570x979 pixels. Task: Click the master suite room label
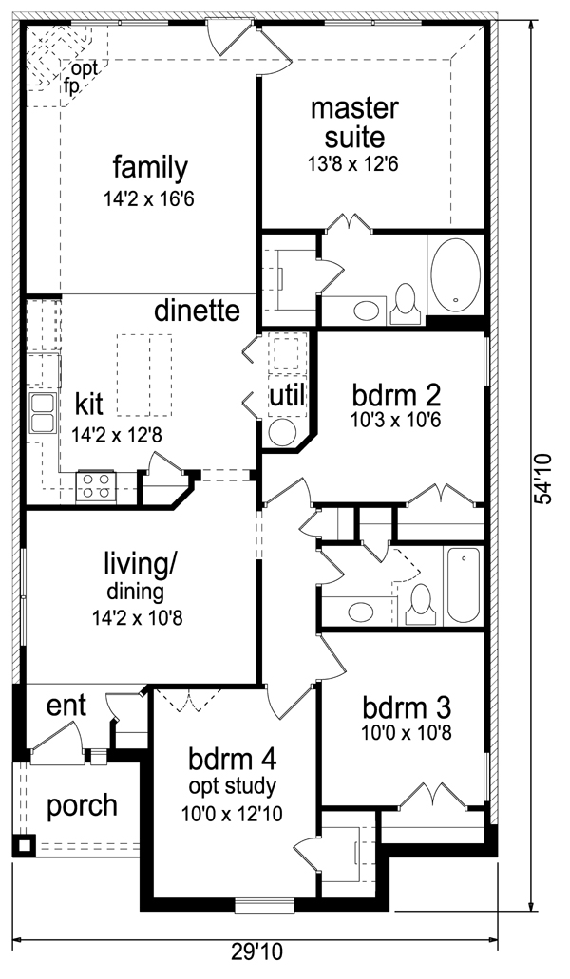354,122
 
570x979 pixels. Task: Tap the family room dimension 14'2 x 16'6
150,199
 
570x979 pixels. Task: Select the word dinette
198,311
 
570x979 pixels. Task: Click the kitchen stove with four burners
96,486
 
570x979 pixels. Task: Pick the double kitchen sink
43,413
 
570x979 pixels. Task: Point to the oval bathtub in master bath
456,274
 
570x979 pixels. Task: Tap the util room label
287,395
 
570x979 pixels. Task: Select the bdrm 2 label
397,395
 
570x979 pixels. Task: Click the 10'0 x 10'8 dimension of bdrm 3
407,732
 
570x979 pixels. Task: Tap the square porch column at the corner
25,846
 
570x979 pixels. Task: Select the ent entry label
66,707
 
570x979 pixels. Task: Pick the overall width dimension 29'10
256,952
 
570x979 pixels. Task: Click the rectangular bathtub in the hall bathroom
464,585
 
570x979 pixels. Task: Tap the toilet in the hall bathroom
420,605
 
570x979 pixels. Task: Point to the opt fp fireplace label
81,78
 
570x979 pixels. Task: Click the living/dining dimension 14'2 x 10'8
138,619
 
